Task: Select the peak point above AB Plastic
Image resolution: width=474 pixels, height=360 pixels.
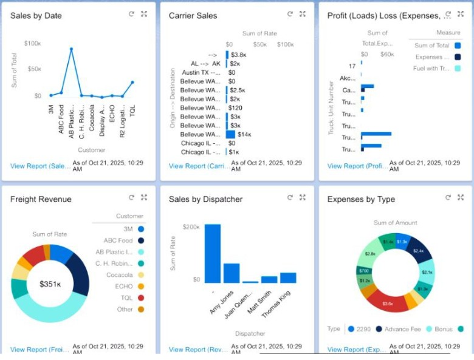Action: coord(71,49)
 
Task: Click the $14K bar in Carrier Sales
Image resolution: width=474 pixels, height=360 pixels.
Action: coord(230,134)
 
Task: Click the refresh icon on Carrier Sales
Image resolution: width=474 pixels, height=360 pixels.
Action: coord(289,14)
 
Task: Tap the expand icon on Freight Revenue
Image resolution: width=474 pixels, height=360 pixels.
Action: coord(144,197)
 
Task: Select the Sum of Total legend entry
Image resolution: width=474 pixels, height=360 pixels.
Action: coord(432,46)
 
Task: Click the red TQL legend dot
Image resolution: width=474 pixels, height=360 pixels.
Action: coord(141,298)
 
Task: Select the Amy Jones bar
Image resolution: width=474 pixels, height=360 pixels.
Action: coord(232,273)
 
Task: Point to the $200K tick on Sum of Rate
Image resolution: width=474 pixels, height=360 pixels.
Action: coord(191,226)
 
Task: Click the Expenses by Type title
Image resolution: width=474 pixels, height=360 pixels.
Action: coord(361,199)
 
